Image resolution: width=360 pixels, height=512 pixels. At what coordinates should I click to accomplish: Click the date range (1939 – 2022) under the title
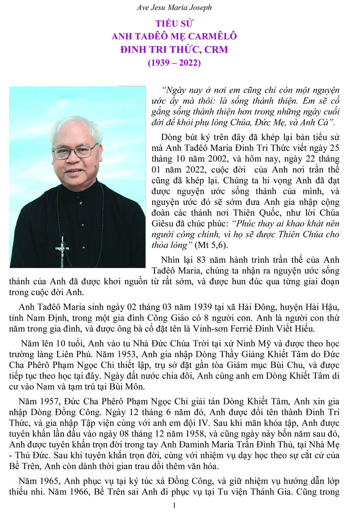[x=174, y=63]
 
